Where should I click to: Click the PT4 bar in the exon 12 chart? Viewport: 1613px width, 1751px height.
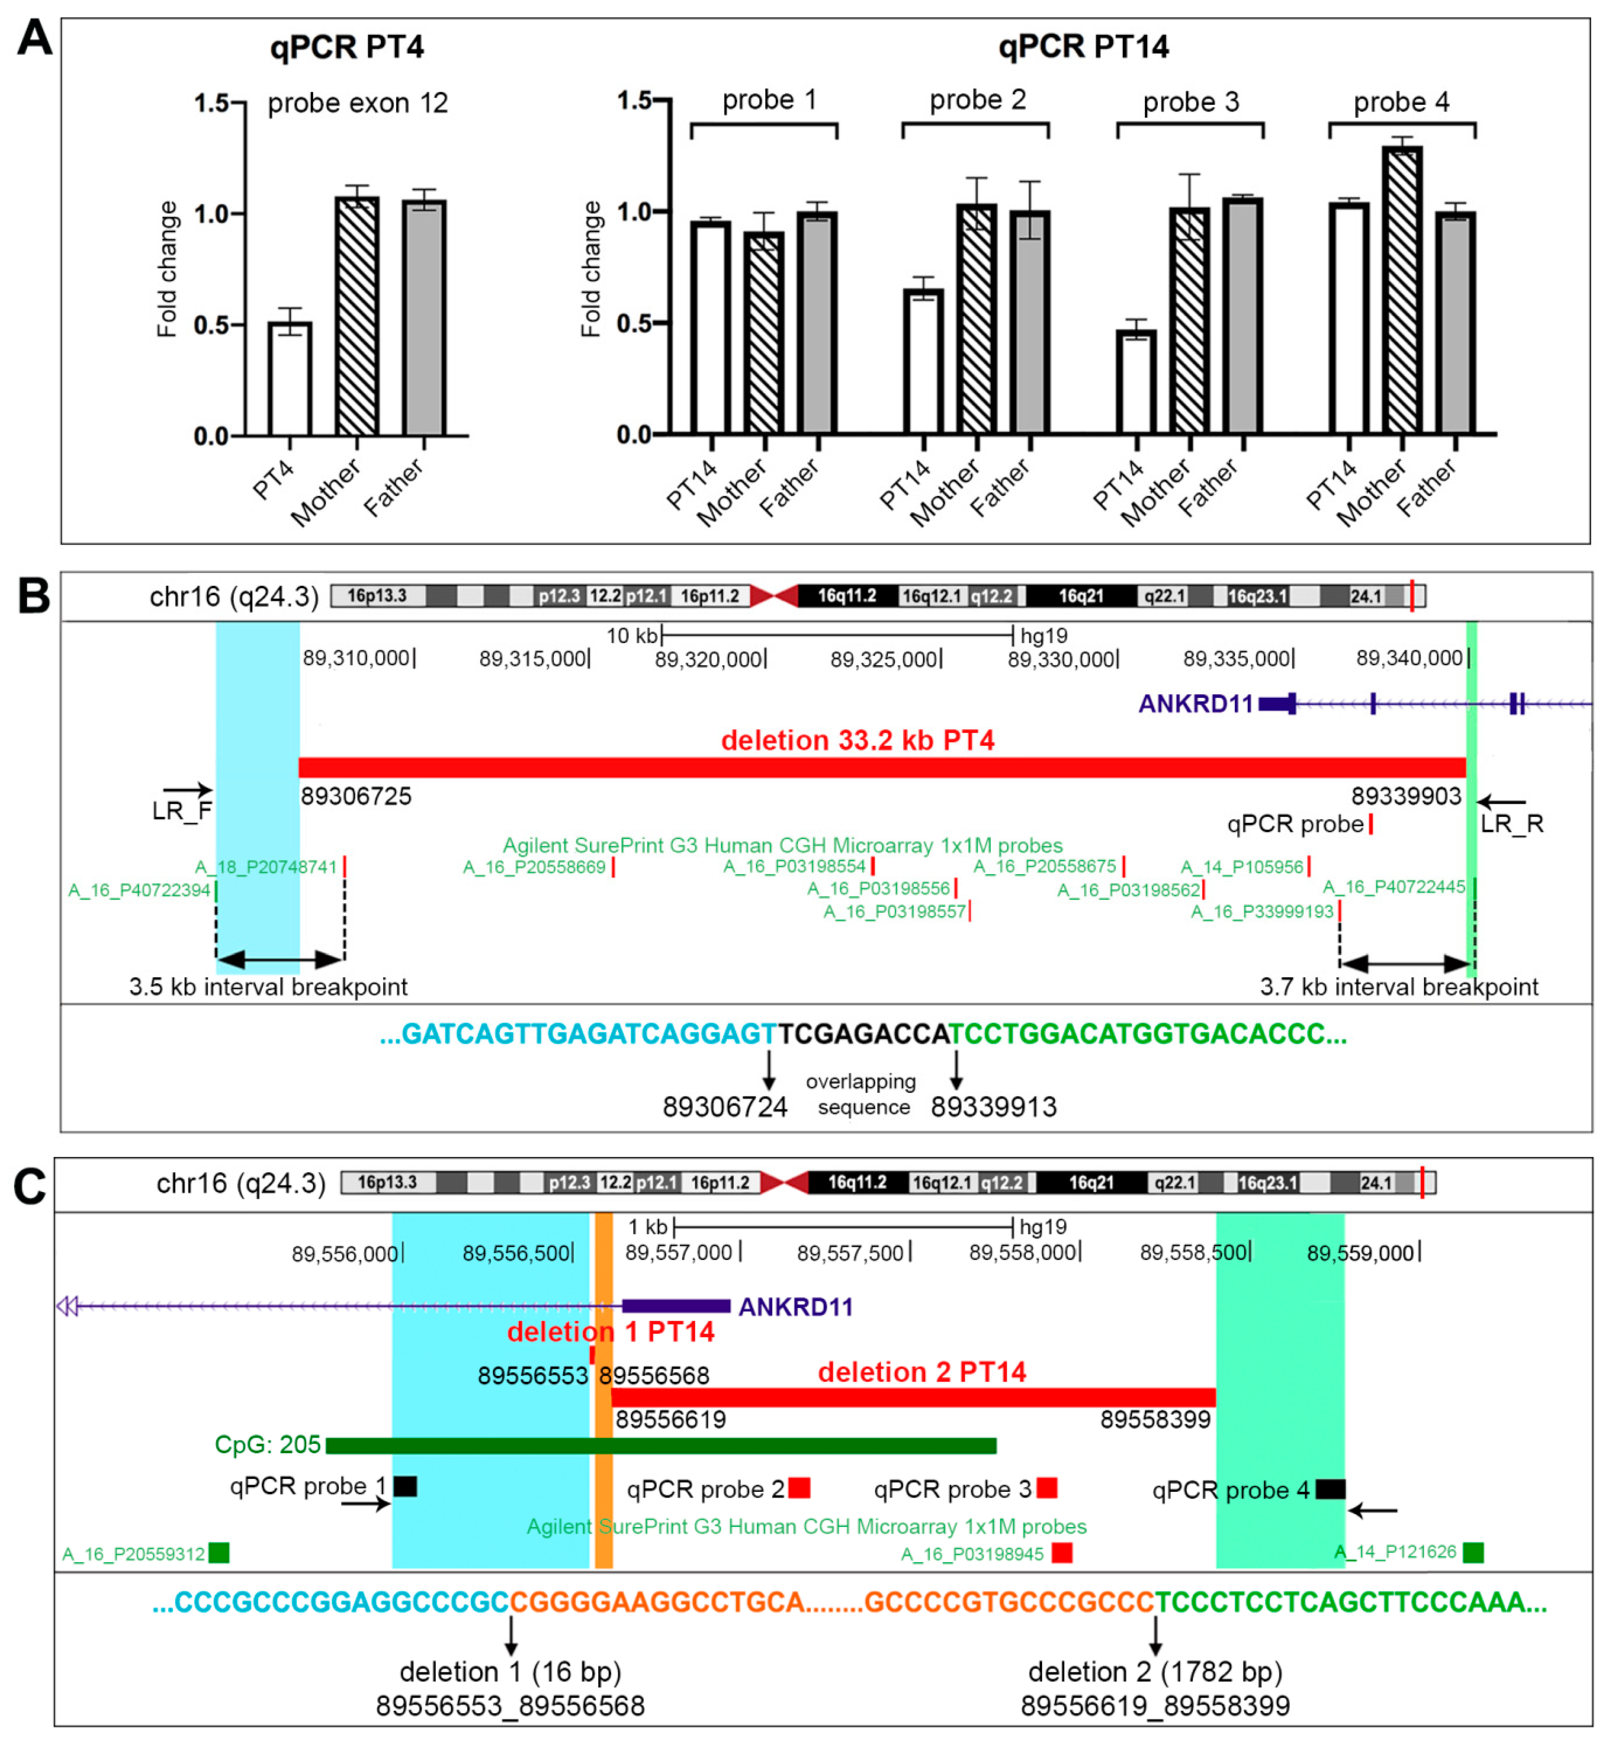point(290,379)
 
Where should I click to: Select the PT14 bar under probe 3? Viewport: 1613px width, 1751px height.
point(1136,382)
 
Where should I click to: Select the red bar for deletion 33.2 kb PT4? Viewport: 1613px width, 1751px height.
point(882,767)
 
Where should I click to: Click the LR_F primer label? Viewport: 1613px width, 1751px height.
point(182,811)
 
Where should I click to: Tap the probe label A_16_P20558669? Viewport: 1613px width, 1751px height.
point(534,867)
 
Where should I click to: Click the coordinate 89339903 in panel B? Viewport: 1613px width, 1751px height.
point(1405,796)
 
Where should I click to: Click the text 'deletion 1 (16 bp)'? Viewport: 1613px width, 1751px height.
point(510,1672)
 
